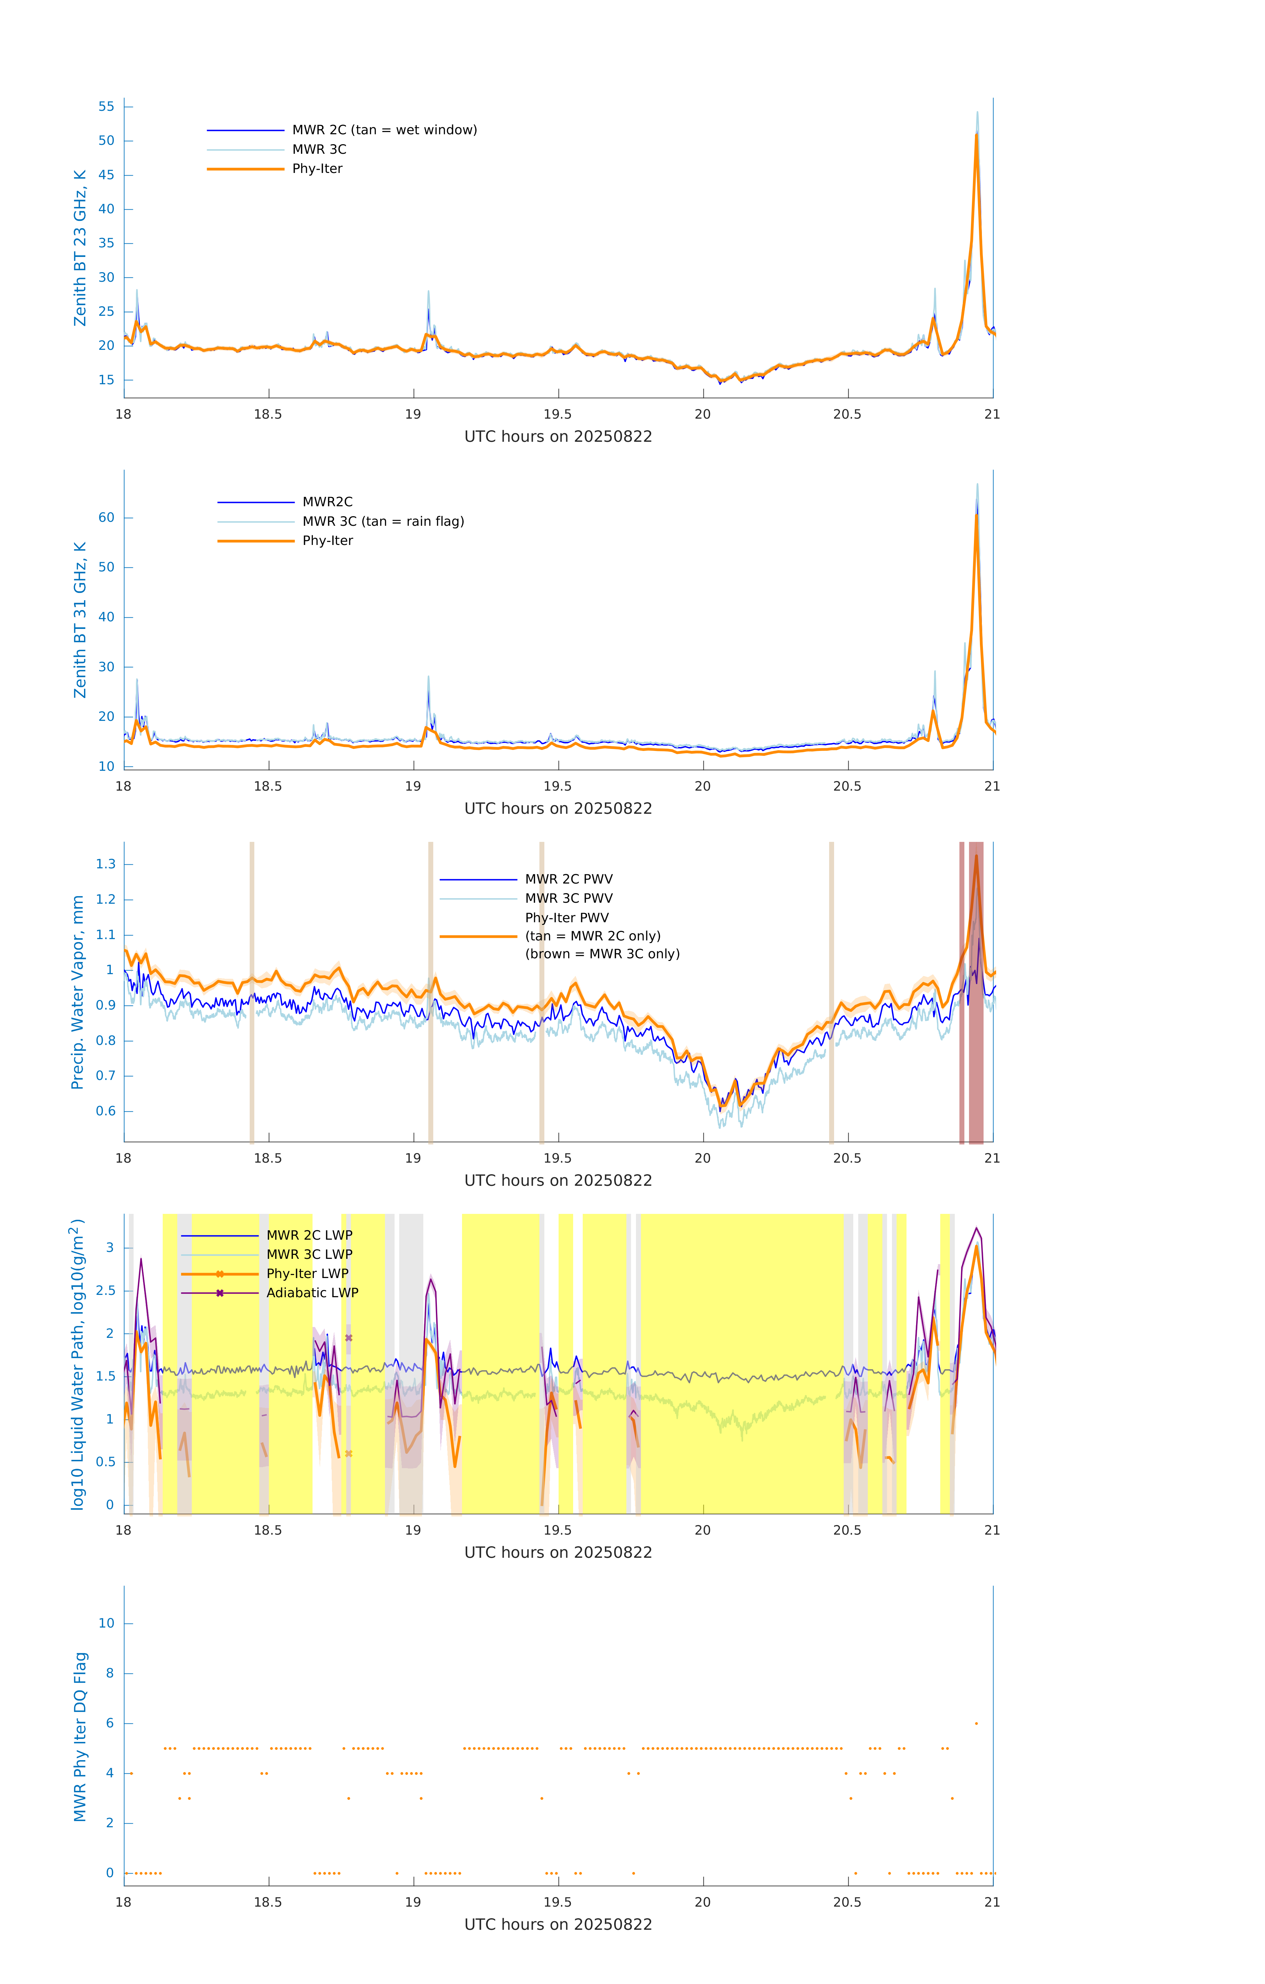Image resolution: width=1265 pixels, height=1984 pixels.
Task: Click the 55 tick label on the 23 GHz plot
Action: coord(106,106)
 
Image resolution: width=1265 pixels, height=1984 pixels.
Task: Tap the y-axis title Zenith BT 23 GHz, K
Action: coord(80,248)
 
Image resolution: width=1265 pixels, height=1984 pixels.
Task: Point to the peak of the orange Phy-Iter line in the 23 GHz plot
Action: coord(977,135)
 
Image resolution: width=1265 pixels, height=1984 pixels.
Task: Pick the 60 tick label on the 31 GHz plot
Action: coord(106,517)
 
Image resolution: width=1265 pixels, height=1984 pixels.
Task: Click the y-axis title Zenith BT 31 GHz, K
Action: coord(80,620)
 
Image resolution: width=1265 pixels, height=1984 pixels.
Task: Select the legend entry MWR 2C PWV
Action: coord(569,879)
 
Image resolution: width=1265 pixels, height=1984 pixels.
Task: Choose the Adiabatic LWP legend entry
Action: coord(312,1293)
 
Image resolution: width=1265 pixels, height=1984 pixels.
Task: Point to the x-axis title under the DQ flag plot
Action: coord(558,1924)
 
